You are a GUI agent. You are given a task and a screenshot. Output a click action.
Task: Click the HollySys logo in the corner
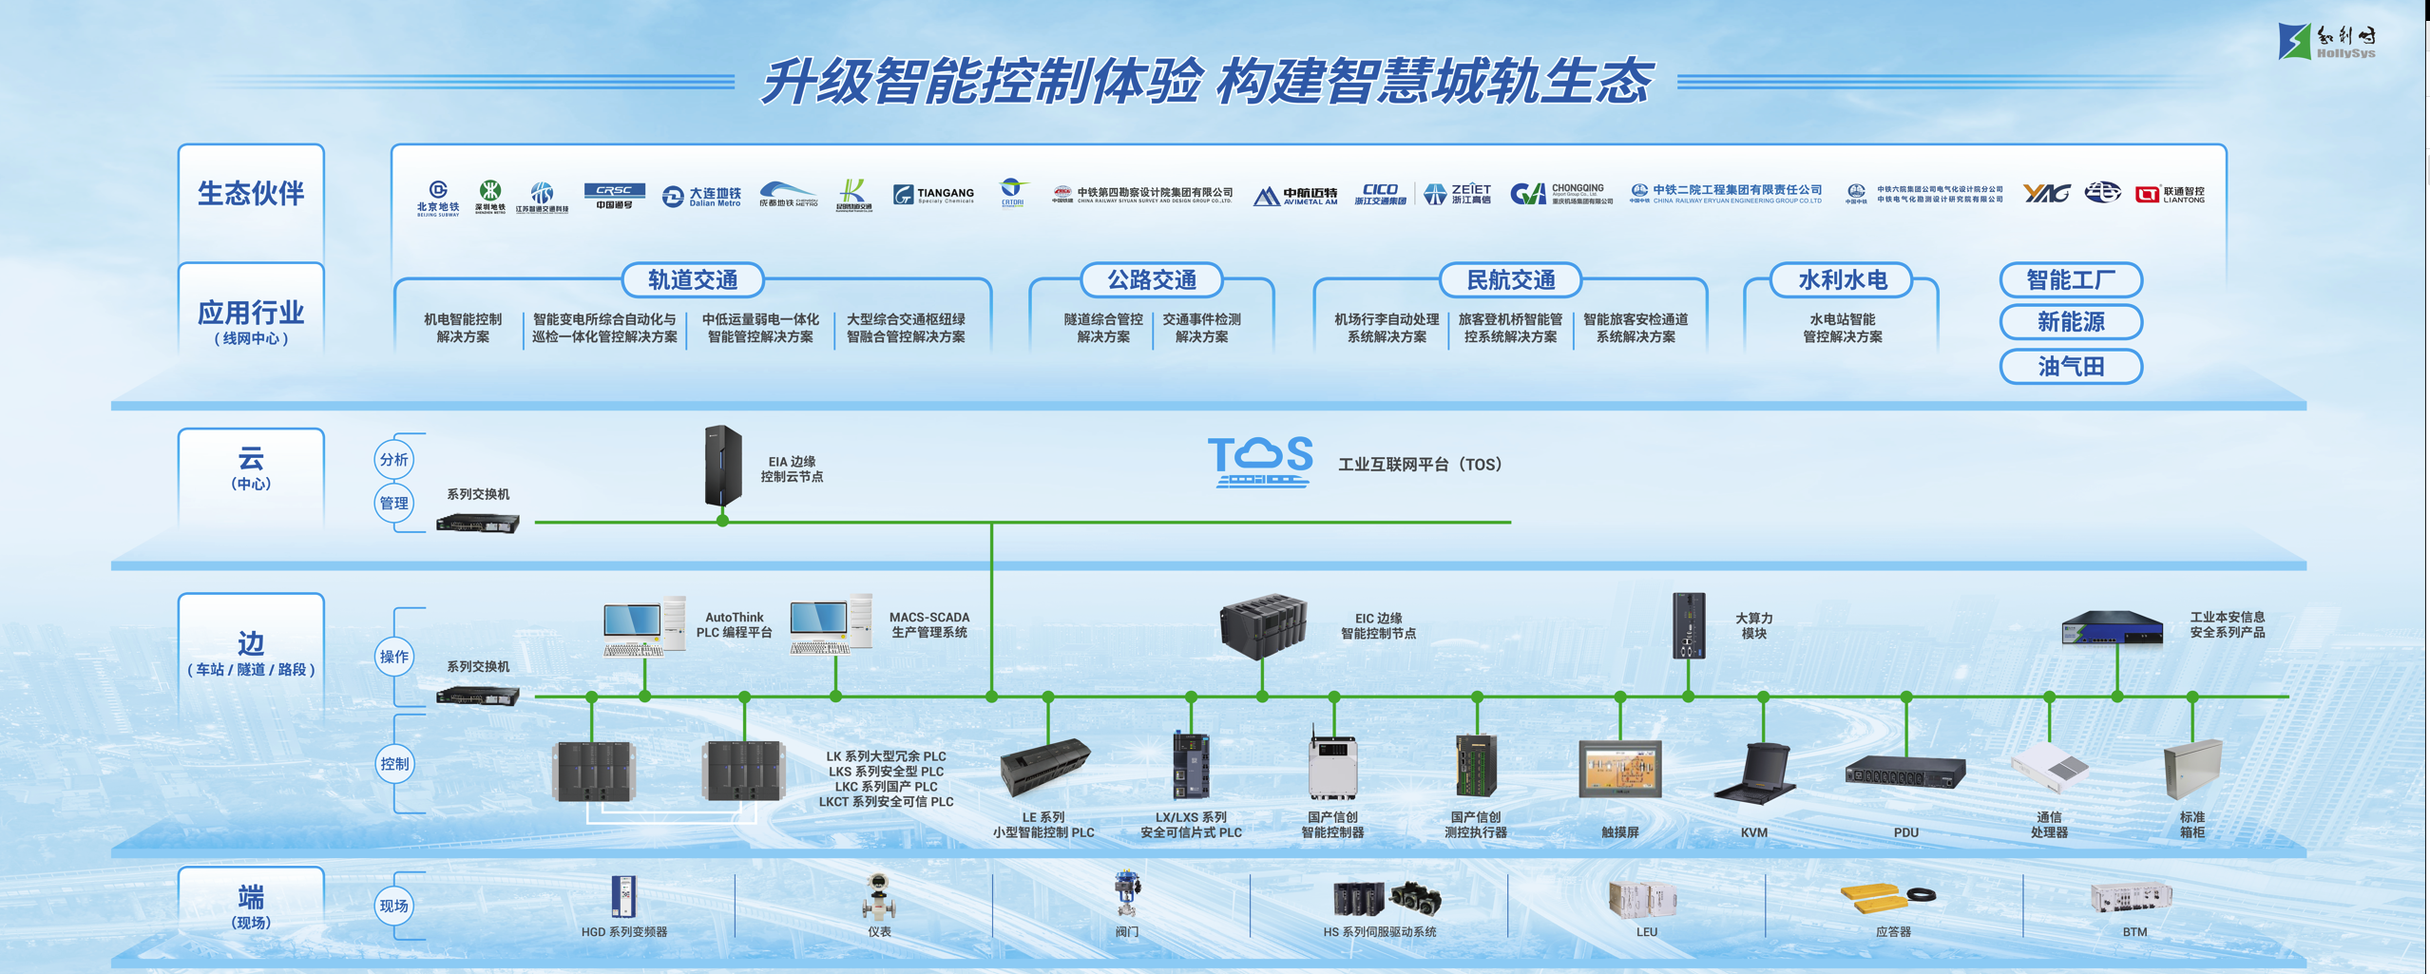click(x=2326, y=41)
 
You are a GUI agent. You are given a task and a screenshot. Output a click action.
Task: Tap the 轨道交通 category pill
click(x=693, y=280)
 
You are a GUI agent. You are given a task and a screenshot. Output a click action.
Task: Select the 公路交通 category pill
click(x=1151, y=280)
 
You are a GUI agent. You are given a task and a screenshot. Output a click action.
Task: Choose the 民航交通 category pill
click(x=1510, y=280)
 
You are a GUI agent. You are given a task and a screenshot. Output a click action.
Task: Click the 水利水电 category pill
click(x=1842, y=280)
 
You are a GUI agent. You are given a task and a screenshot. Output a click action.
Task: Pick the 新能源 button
click(x=2070, y=322)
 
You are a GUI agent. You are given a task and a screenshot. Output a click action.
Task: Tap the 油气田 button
click(x=2070, y=367)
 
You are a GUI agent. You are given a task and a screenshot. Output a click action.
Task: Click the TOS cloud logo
click(x=1260, y=462)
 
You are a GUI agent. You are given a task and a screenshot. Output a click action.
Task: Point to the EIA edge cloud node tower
click(x=722, y=466)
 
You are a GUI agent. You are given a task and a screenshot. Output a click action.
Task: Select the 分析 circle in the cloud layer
click(x=393, y=460)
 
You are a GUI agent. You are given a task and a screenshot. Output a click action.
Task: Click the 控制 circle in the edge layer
click(x=393, y=764)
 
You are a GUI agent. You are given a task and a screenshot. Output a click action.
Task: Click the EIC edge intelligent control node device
click(x=1262, y=625)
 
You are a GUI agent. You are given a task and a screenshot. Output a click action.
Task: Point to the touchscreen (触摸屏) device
click(x=1619, y=769)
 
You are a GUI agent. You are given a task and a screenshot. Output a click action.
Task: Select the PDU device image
click(x=1904, y=773)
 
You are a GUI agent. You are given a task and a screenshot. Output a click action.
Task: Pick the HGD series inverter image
click(x=623, y=896)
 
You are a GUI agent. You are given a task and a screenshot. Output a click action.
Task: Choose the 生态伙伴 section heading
click(x=251, y=194)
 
